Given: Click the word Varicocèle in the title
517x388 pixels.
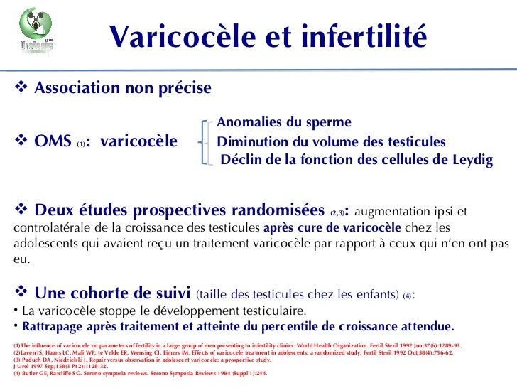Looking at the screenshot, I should coord(169,36).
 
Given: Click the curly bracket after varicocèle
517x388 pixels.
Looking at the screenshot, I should coord(205,141).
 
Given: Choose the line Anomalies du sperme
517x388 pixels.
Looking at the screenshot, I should coord(283,122).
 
